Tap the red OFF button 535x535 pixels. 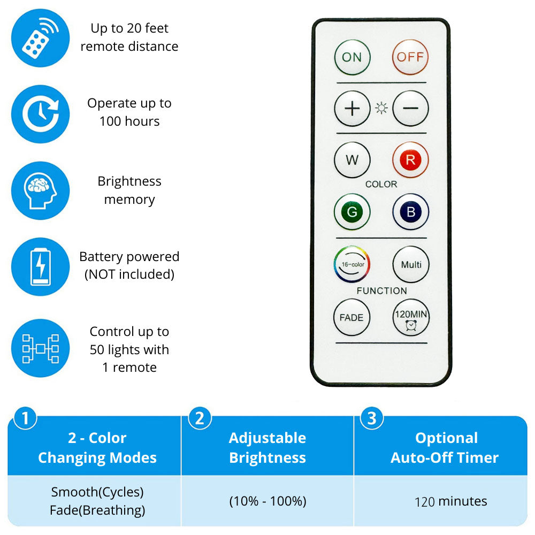[x=410, y=57]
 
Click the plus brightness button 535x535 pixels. [x=352, y=109]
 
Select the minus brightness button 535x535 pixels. [x=410, y=109]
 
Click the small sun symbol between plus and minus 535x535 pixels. [x=381, y=109]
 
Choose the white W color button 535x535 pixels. [x=352, y=160]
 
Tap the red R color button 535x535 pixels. [x=410, y=160]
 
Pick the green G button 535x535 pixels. [x=352, y=211]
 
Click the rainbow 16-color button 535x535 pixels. [x=352, y=264]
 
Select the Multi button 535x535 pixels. [x=411, y=264]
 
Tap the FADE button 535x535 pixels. [x=351, y=317]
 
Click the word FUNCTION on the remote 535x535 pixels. [x=381, y=291]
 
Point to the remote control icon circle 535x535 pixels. [x=40, y=38]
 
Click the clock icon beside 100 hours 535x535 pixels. [x=40, y=114]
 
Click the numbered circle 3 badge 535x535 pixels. [x=372, y=418]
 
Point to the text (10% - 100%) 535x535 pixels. [x=267, y=501]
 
